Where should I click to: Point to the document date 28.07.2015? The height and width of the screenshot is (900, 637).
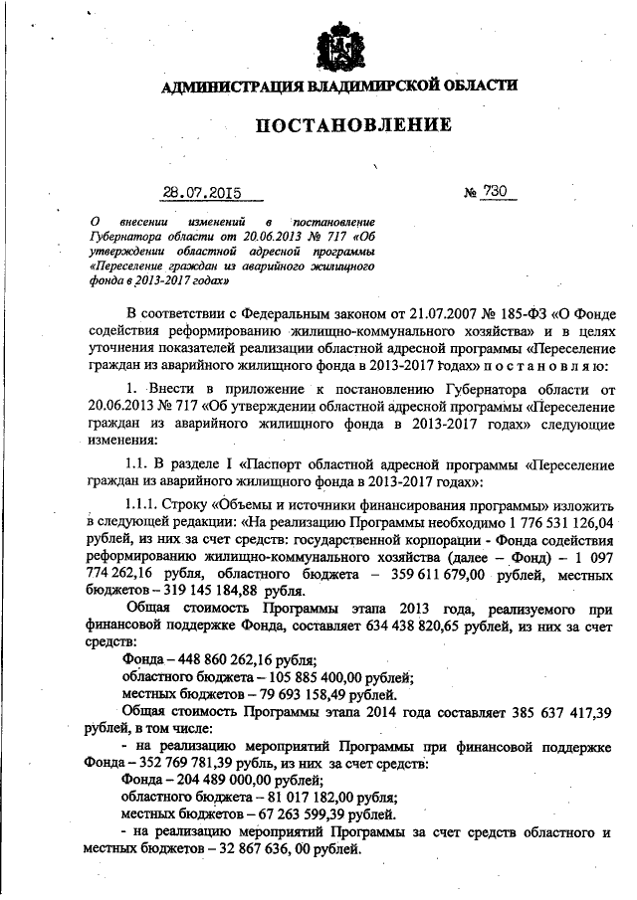click(202, 193)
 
